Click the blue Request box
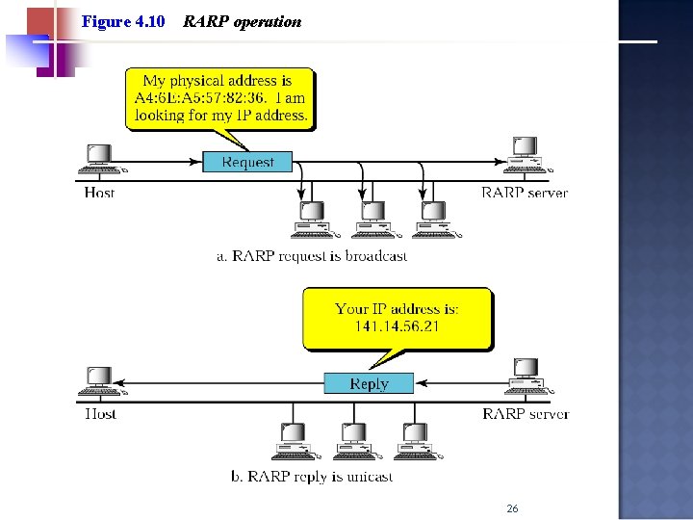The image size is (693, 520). [246, 163]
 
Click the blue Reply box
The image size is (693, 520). [368, 384]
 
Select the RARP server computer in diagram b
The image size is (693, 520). [526, 376]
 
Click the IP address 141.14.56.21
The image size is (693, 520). [397, 327]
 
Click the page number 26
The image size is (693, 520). [512, 508]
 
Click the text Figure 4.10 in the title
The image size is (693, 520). [123, 21]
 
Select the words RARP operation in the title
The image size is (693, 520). [242, 21]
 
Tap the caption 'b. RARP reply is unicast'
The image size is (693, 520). [312, 477]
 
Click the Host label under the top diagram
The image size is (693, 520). [99, 193]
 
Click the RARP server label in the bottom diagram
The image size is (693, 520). [526, 414]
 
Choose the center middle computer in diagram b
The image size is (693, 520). [354, 441]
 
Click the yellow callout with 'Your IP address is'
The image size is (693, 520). [397, 319]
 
